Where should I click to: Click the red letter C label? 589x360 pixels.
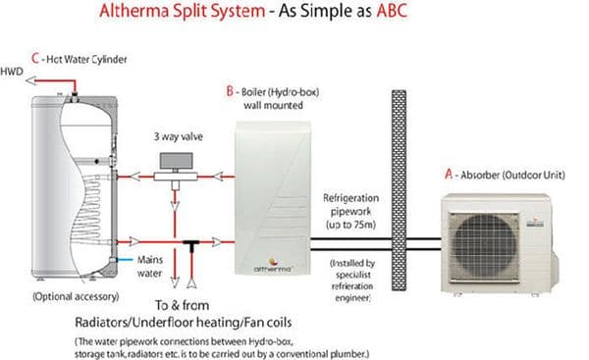coord(34,59)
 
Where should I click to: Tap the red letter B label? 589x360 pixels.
coord(229,91)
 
